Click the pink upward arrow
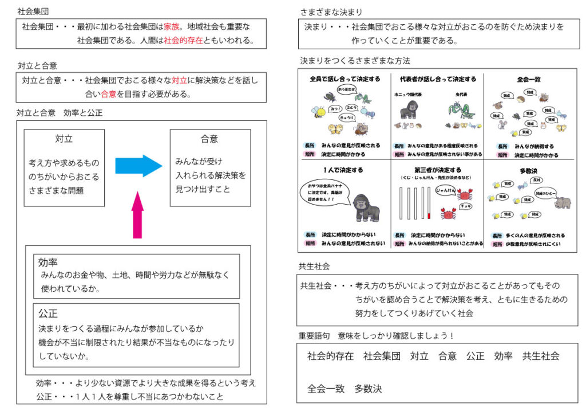pos(137,215)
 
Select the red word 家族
pos(172,26)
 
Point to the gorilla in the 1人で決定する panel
pos(363,207)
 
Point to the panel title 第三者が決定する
pos(437,170)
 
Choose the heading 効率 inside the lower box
pos(47,263)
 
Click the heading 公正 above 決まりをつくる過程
pos(47,314)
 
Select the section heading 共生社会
pos(314,267)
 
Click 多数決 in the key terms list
pos(368,389)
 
